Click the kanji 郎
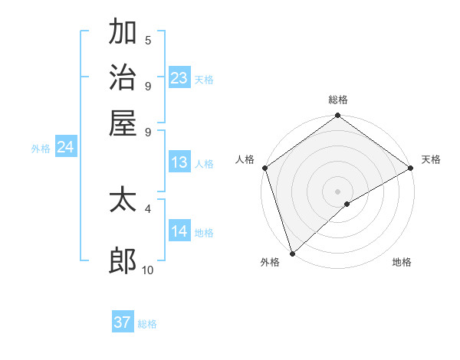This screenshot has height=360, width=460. point(123,261)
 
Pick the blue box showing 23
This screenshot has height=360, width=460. point(179,78)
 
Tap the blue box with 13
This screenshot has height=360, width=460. point(179,162)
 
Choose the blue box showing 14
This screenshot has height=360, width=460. point(179,232)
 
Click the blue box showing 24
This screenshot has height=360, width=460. point(66,148)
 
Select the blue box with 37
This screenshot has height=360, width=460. point(123,322)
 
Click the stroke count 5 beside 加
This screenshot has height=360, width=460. point(148,41)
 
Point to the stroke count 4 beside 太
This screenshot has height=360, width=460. point(148,208)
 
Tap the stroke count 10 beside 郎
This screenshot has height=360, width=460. point(148,270)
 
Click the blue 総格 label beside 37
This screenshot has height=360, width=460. point(147,324)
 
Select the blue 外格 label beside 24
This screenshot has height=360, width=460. point(41,149)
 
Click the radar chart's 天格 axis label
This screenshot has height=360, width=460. point(431,159)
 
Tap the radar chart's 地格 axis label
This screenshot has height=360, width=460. point(402,263)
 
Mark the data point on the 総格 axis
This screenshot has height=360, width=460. point(337,116)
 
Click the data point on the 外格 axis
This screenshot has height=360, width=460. point(292,253)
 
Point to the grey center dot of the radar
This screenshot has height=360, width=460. point(337,191)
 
